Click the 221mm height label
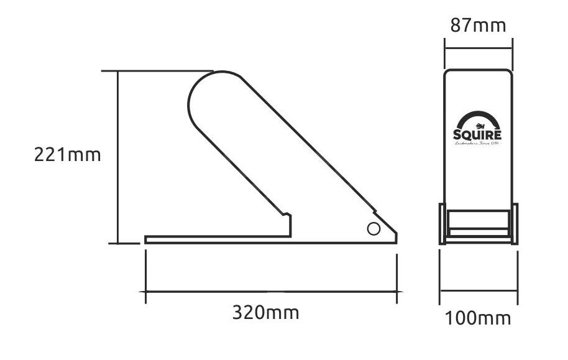(67, 154)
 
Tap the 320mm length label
(265, 312)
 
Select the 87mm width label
(477, 25)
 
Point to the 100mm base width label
(477, 318)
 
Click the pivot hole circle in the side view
(373, 229)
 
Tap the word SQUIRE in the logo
(477, 135)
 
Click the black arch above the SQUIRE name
(477, 117)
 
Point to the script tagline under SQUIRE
(477, 144)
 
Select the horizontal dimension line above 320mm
(271, 291)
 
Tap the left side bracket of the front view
(443, 224)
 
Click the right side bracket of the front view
(513, 224)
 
